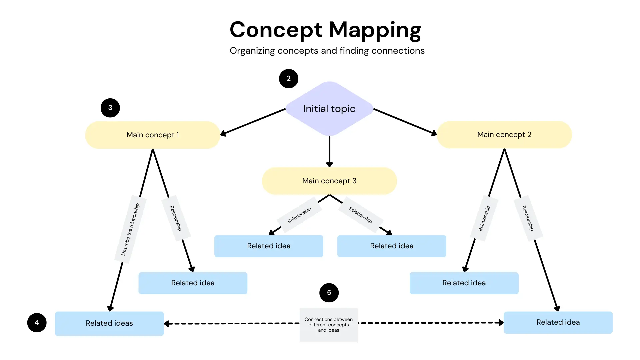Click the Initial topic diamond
[x=329, y=109]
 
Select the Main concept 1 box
[x=153, y=135]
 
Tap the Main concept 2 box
[x=504, y=134]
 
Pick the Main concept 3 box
[x=329, y=181]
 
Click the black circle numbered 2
[x=289, y=78]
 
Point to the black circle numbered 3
[x=110, y=108]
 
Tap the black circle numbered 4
[x=37, y=322]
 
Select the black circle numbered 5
[x=329, y=293]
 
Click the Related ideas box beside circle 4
[x=109, y=323]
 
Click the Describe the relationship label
[x=130, y=229]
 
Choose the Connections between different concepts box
[x=328, y=325]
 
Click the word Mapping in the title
[x=375, y=30]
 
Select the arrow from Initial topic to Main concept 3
[x=329, y=152]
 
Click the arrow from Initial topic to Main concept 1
[x=253, y=122]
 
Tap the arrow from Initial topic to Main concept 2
[x=405, y=122]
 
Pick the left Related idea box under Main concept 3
[x=269, y=246]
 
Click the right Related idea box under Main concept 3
[x=392, y=246]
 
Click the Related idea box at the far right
[x=558, y=322]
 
